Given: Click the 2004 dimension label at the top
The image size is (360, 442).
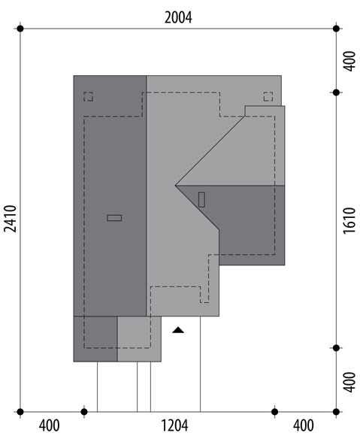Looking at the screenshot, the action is [178, 17].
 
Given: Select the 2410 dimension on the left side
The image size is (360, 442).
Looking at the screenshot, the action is [11, 219].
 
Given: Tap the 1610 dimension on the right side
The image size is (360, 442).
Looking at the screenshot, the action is [349, 220].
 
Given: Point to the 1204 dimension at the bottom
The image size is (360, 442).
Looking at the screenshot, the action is [174, 425].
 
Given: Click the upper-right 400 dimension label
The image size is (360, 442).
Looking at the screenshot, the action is [349, 61].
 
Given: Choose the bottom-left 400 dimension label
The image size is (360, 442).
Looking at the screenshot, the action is [50, 425].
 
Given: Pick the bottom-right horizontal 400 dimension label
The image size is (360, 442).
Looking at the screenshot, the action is [304, 425].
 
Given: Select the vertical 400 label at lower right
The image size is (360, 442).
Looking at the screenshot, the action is [349, 382].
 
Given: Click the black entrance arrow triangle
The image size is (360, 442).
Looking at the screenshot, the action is [178, 330].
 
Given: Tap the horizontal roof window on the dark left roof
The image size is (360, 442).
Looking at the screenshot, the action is [114, 218].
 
